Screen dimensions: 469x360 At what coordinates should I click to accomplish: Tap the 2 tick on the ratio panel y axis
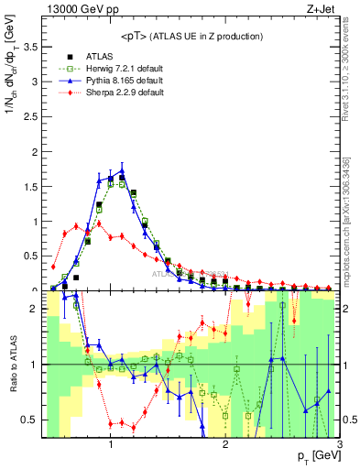click(32, 309)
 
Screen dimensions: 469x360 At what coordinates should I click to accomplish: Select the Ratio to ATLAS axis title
click(11, 365)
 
